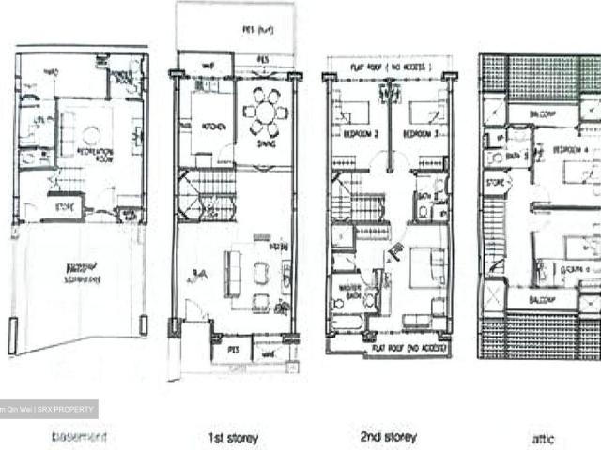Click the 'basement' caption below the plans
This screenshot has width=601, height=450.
click(80, 437)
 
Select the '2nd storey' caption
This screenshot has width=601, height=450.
click(388, 437)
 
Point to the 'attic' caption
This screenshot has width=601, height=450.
click(542, 438)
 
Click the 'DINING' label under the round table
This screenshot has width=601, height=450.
click(267, 144)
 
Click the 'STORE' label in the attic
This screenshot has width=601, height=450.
click(496, 183)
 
